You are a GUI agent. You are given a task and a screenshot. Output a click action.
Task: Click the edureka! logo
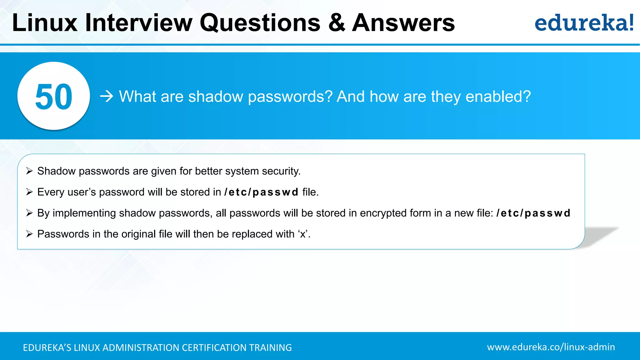[x=584, y=23]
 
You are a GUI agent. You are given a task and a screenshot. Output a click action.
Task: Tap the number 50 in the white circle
[x=54, y=97]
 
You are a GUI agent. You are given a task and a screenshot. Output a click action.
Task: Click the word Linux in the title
[x=45, y=23]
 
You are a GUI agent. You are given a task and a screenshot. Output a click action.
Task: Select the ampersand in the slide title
[x=337, y=23]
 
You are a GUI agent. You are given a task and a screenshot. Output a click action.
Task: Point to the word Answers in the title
[x=403, y=23]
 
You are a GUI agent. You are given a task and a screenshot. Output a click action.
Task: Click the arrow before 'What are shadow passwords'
[x=107, y=96]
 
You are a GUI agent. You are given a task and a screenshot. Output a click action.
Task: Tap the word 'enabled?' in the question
[x=498, y=96]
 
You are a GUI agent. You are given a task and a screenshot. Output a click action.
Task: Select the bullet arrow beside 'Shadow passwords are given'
[x=29, y=171]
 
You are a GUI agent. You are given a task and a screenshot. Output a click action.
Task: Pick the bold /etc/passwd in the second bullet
[x=261, y=192]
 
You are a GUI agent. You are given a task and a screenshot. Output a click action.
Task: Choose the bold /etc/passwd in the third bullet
[x=533, y=213]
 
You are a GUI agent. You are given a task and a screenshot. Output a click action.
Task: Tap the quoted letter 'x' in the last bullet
[x=303, y=234]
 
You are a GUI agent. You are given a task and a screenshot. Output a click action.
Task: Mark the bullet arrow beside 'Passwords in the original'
[x=29, y=234]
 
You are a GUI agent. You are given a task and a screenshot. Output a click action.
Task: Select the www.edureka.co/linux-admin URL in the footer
[x=551, y=347]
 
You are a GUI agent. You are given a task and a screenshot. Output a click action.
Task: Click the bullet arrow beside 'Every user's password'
[x=29, y=192]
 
